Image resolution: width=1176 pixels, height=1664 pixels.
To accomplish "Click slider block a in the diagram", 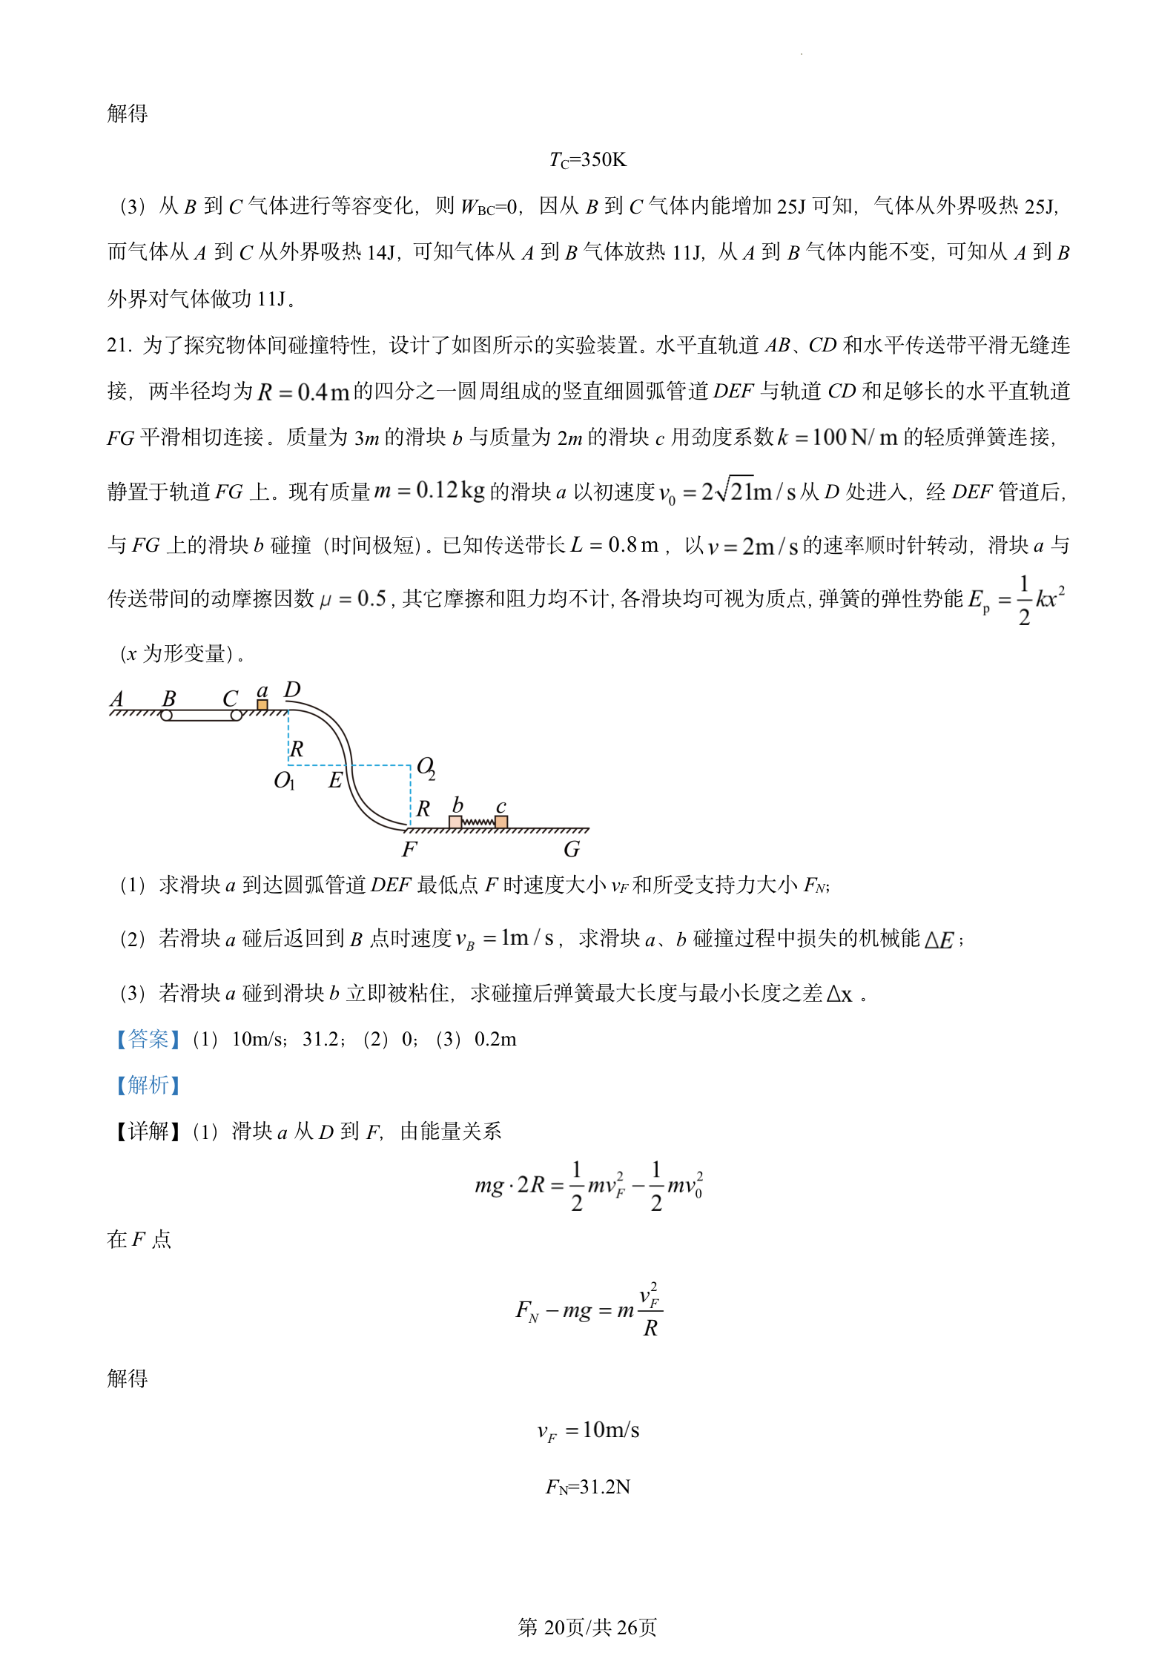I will (262, 704).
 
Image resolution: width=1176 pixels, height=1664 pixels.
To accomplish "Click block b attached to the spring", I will (455, 822).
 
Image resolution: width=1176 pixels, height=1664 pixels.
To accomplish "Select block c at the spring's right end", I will (501, 822).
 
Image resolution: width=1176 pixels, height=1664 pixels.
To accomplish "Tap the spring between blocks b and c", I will (478, 822).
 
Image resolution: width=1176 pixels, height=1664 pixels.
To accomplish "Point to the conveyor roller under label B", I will (166, 716).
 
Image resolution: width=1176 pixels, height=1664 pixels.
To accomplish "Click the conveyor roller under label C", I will (236, 716).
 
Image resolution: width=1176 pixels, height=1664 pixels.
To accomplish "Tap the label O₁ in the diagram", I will (284, 780).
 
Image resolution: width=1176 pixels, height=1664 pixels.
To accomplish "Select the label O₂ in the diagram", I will (426, 767).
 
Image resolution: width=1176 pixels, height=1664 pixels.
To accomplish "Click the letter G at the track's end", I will (571, 849).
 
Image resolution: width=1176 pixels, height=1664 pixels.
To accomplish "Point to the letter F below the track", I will (409, 849).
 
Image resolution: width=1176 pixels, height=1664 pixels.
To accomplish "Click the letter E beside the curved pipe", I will (335, 780).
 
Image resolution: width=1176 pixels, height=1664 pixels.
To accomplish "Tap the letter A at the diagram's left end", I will (116, 699).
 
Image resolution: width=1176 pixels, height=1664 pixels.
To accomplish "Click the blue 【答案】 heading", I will (148, 1039).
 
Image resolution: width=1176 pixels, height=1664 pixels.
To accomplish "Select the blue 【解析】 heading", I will (148, 1085).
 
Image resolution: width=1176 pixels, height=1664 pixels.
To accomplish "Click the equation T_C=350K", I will (588, 160).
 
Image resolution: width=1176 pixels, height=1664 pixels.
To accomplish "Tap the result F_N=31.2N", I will (588, 1487).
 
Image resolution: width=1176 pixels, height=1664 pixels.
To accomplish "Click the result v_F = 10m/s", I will (588, 1430).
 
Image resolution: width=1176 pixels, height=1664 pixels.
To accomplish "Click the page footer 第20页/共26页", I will (587, 1627).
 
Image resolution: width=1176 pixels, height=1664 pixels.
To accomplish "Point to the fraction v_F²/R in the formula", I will (650, 1311).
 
